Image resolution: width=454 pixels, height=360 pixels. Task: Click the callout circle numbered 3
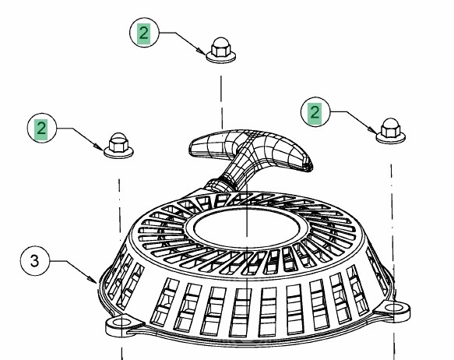coord(35,261)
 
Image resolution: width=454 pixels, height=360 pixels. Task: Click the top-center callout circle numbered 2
coord(144,33)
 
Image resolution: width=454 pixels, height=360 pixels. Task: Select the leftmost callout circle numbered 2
coord(42,128)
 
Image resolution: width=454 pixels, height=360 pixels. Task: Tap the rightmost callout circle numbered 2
coord(315,111)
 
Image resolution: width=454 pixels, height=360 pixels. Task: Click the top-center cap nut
coord(220,50)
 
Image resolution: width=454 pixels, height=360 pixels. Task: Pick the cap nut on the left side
coord(118,146)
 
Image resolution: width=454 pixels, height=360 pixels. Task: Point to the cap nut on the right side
coord(391,131)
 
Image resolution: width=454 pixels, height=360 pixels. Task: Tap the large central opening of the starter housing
coord(247,228)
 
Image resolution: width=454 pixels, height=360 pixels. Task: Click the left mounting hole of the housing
coord(122,323)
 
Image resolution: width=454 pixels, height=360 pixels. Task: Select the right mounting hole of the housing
coord(395,307)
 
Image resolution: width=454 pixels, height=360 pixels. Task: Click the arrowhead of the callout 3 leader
coord(93,280)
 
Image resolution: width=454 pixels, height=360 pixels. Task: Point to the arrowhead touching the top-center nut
coord(201,51)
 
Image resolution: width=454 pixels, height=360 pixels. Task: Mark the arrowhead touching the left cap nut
coord(98,146)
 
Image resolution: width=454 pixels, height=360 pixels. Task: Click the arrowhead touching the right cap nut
coord(371,130)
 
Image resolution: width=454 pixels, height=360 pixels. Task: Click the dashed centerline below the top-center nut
coord(222,102)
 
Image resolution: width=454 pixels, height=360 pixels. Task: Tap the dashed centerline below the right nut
coord(393,262)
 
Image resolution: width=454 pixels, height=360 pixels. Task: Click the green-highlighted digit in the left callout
coord(41,129)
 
